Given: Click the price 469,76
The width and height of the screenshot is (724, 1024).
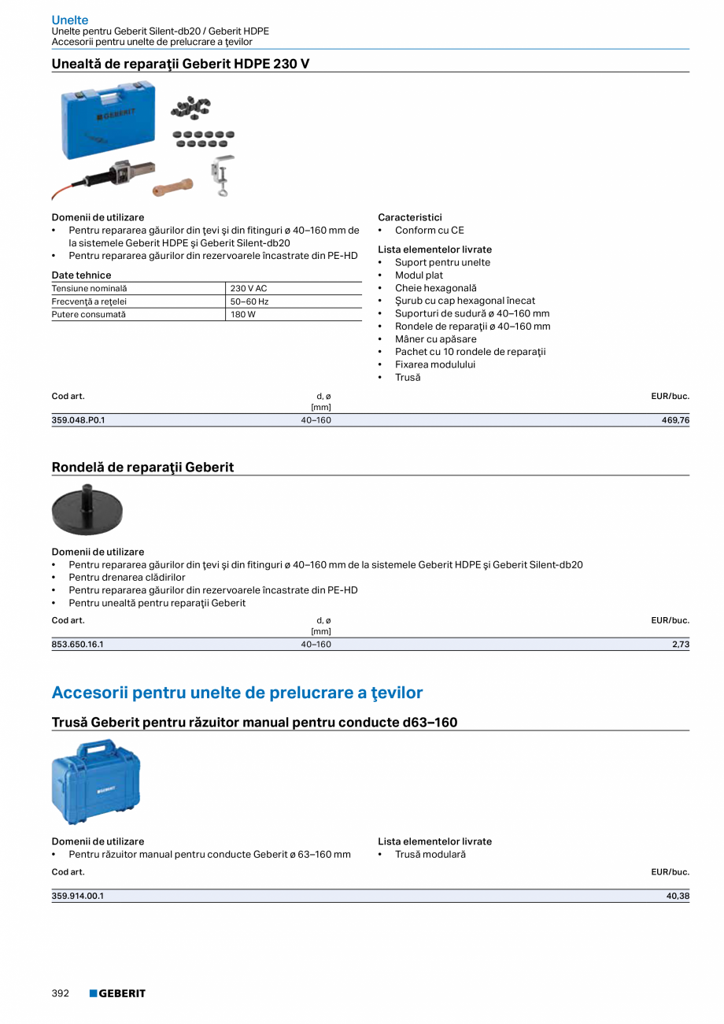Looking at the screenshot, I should (675, 420).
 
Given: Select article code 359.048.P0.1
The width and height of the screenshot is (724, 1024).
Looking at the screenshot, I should (78, 420).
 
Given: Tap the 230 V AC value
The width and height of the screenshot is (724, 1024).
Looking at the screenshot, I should (249, 289).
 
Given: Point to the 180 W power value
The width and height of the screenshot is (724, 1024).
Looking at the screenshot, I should (243, 314).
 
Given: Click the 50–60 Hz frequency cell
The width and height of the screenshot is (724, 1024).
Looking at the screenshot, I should (249, 301).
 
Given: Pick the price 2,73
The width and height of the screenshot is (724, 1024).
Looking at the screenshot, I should (681, 644).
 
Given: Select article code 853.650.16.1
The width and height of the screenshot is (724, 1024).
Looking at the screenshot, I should (77, 644).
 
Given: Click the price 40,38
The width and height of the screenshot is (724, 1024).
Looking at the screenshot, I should (678, 896).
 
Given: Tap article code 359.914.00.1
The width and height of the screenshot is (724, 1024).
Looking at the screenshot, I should (77, 896).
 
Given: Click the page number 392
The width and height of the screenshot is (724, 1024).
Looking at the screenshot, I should (61, 993).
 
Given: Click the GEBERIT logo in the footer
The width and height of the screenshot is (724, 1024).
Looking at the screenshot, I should (117, 993).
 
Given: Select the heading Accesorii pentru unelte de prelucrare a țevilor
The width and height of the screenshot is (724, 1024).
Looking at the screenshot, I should (237, 693).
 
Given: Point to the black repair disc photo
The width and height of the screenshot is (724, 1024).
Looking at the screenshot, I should (87, 510).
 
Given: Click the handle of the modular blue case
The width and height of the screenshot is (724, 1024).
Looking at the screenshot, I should (97, 745).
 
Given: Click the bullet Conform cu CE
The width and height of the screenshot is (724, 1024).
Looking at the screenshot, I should (429, 230).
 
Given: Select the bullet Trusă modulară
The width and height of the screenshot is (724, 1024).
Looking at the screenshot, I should (430, 854).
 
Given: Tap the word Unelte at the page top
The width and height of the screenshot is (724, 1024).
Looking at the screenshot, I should (70, 20).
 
